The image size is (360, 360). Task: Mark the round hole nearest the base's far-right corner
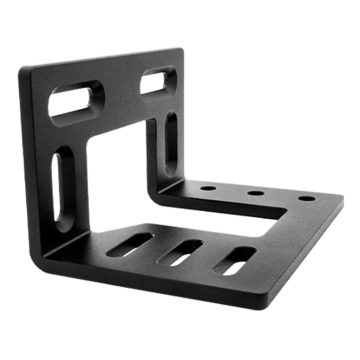(x=304, y=198)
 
